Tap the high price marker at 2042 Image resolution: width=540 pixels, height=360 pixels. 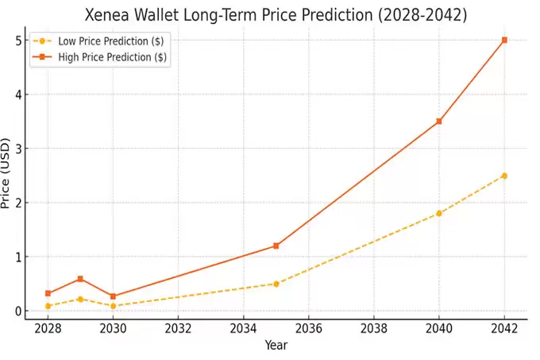point(504,40)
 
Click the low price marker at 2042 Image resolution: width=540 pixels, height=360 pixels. point(504,176)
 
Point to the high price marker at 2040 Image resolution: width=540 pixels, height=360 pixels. point(439,122)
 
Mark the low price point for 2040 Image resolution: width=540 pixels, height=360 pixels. point(439,213)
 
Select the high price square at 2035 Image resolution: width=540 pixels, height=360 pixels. point(276,246)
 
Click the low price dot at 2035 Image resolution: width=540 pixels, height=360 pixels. point(276,284)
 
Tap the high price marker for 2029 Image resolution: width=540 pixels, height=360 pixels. point(80,279)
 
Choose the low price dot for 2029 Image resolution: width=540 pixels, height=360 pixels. point(80,299)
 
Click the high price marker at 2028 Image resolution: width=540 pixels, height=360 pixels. point(48,293)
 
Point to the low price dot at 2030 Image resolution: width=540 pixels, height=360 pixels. point(113,306)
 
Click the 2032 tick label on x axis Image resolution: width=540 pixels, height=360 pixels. point(178,328)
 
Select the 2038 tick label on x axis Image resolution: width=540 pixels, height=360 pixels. point(374,328)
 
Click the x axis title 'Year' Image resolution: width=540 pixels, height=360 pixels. point(276,346)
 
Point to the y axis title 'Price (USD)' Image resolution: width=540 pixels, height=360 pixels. point(6,176)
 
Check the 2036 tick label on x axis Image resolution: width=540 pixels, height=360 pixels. point(308,328)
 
